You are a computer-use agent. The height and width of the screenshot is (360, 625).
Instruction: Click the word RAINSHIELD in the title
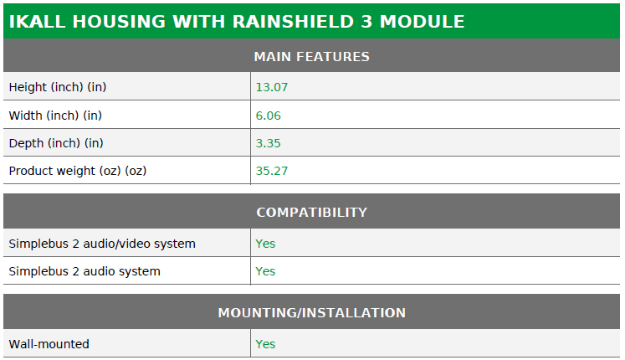tap(293, 22)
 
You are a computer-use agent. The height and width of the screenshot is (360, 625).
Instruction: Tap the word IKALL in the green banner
tap(37, 22)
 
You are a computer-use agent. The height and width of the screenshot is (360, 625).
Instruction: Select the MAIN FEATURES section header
tap(312, 57)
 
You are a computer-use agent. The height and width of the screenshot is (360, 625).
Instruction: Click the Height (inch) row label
tap(58, 87)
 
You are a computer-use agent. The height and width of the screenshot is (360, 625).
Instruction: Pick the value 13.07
tap(271, 87)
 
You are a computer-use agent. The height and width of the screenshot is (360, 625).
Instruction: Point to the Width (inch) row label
tap(55, 116)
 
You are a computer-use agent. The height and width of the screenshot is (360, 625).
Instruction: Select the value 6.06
tap(269, 116)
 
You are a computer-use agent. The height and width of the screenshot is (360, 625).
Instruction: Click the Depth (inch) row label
tap(56, 143)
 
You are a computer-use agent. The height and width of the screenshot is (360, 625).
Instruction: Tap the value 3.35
tap(268, 143)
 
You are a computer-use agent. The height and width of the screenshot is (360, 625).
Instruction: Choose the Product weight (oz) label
tap(78, 171)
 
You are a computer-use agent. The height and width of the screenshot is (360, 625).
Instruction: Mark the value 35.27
tap(271, 171)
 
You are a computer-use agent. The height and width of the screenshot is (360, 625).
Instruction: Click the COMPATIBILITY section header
tap(312, 212)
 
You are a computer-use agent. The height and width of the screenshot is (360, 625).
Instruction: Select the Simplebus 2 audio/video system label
tap(102, 244)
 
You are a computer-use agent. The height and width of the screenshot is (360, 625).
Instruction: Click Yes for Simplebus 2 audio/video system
tap(265, 244)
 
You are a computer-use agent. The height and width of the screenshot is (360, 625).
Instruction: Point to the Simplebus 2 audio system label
tap(85, 271)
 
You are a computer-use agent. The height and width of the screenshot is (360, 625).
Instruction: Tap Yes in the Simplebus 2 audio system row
tap(265, 271)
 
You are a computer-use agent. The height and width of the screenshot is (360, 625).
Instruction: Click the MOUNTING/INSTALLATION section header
tap(312, 312)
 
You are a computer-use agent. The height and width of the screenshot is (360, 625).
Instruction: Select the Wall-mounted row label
tap(49, 344)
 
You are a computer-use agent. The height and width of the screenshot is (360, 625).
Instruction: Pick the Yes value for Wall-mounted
tap(265, 344)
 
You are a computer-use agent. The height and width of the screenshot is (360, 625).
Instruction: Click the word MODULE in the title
tap(423, 22)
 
